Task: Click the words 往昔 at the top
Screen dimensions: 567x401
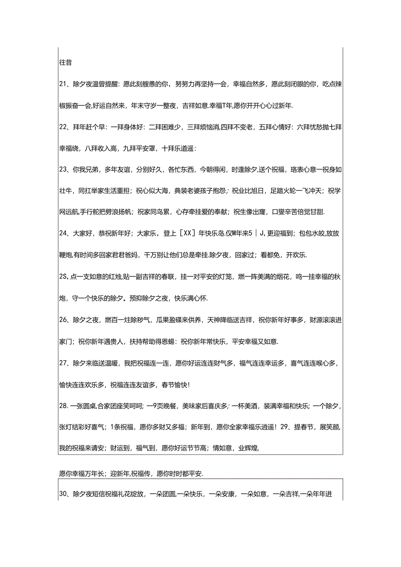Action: tap(65, 62)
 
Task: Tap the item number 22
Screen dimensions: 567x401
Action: tap(62, 127)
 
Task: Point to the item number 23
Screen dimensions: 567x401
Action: tap(62, 170)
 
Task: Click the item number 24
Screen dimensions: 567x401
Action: tap(62, 234)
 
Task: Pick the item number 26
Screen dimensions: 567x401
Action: tap(62, 319)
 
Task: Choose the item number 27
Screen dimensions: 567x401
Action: tap(62, 363)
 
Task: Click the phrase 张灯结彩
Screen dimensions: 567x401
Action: tap(72, 427)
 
